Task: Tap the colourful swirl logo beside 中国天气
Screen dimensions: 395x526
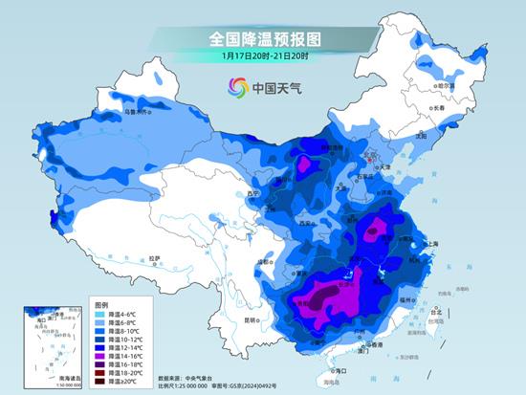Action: [235, 88]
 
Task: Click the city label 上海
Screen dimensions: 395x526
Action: [427, 244]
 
